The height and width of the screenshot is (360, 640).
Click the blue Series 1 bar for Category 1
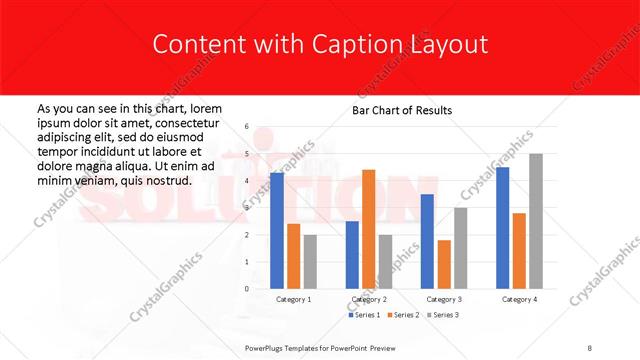pos(277,230)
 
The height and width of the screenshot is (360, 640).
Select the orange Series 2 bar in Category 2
pos(368,229)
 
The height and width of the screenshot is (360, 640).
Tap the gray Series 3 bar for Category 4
pos(535,221)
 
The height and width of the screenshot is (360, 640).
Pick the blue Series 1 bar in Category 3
pos(427,241)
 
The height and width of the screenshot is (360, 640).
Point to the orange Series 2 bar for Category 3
pos(444,264)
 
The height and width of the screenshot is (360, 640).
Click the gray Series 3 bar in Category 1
pos(310,261)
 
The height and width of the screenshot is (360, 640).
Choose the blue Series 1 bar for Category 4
pos(502,227)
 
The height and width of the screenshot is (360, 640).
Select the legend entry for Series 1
pos(365,315)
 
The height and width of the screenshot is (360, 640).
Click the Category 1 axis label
pos(293,299)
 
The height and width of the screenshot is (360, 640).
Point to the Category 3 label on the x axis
pos(444,299)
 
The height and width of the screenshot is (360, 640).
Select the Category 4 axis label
pos(519,299)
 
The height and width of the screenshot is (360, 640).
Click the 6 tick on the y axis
pos(247,127)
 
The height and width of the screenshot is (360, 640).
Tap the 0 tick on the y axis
pos(247,289)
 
